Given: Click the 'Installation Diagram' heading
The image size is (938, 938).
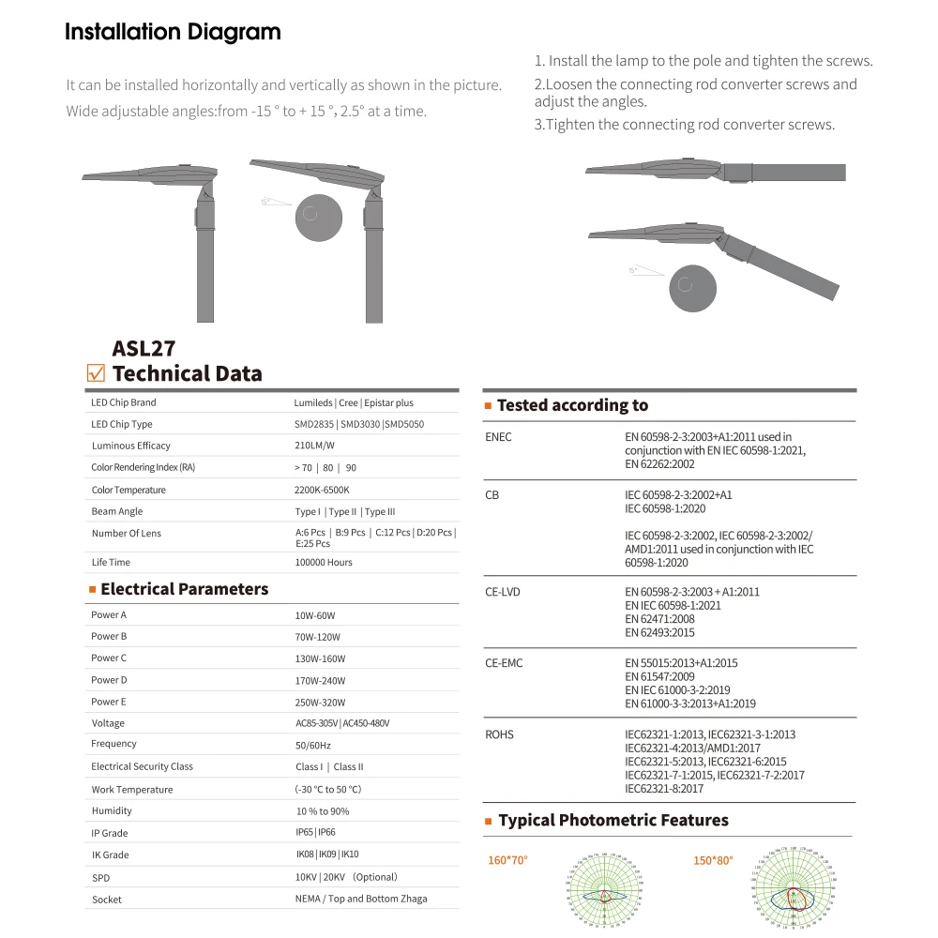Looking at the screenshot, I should click(x=173, y=32).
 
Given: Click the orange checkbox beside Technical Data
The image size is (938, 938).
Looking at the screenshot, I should click(x=95, y=373).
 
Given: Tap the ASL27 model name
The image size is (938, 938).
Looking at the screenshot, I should click(x=144, y=348).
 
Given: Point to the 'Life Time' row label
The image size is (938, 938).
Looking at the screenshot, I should click(x=111, y=562).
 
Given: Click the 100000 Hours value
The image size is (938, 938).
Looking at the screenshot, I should click(x=324, y=562).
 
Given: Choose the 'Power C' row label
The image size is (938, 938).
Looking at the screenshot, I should click(x=109, y=658).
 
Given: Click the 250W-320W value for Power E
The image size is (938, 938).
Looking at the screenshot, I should click(x=320, y=703).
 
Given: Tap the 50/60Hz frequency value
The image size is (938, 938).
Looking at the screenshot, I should click(x=313, y=745).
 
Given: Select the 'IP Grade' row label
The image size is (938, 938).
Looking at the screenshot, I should click(x=110, y=833).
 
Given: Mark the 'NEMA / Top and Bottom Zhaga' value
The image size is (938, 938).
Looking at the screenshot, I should click(x=361, y=899).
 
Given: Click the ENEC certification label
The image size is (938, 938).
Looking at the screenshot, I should click(x=498, y=437).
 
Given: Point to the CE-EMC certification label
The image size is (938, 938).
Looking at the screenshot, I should click(x=504, y=663).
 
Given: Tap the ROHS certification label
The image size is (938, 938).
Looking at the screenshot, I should click(x=499, y=734).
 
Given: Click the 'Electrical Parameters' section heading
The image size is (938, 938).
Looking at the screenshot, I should click(x=184, y=589).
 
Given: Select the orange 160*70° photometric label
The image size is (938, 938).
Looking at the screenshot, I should click(x=507, y=860).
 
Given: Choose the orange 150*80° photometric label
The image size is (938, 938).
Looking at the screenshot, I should click(x=714, y=860).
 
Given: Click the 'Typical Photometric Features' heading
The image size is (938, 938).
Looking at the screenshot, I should click(x=613, y=821).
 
